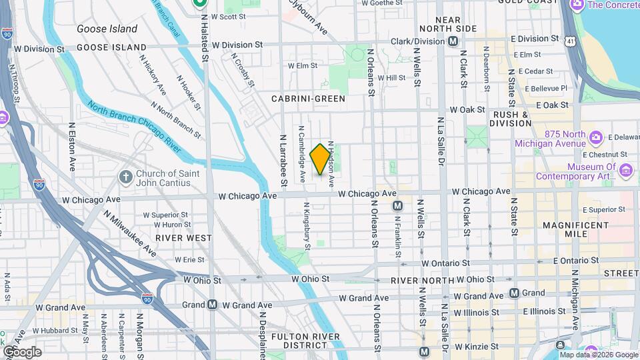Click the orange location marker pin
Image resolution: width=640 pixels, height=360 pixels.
[x=320, y=159]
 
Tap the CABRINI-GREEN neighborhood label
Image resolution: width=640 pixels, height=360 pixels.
[x=308, y=99]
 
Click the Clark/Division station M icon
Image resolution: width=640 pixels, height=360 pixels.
[x=453, y=41]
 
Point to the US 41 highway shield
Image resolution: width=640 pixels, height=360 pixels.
[x=570, y=41]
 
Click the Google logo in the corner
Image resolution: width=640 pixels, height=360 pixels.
[x=22, y=352]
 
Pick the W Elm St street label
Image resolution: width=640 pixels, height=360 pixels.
[x=302, y=66]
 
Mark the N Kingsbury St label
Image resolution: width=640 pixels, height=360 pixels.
[x=307, y=227]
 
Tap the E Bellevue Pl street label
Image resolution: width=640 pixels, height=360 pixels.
[x=545, y=88]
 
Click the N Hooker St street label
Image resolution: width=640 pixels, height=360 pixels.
[x=188, y=92]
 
